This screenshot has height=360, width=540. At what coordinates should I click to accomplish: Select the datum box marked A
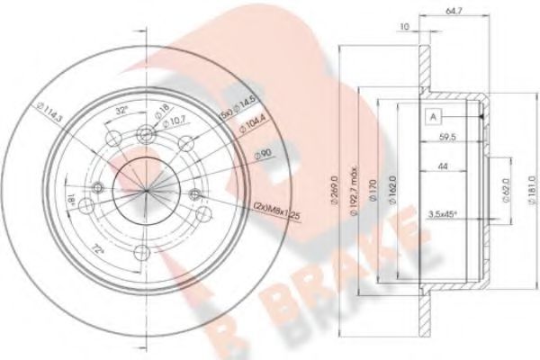click(434, 116)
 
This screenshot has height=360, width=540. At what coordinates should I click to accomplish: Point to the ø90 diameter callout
click(262, 156)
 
